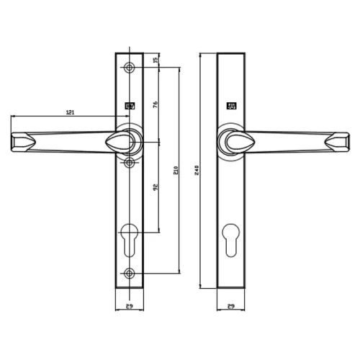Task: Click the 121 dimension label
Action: point(70,112)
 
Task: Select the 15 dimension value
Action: point(156,60)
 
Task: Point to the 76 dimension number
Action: point(156,105)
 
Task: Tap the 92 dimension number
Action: point(156,188)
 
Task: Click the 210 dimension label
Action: point(176,170)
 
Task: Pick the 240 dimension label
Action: point(198,170)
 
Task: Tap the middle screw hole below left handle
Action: point(130,163)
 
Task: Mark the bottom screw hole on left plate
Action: point(130,272)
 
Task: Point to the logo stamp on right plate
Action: point(230,107)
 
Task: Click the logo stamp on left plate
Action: point(130,107)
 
